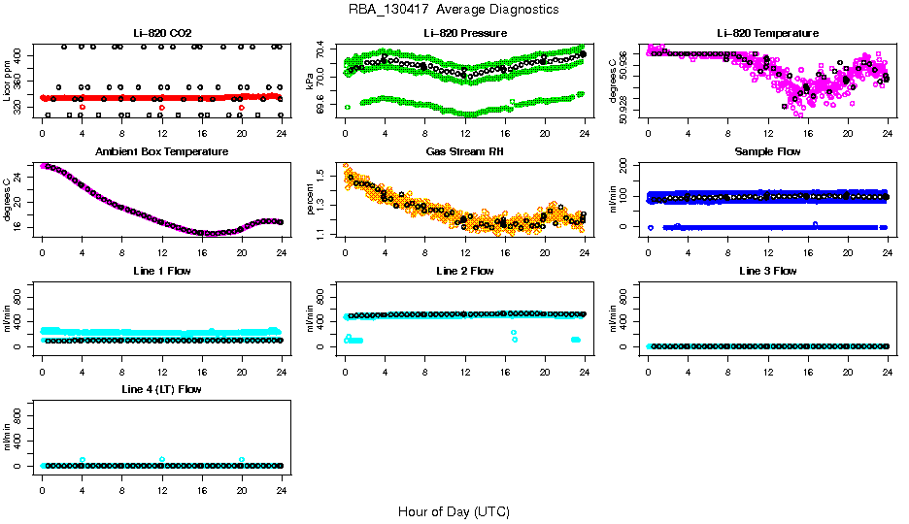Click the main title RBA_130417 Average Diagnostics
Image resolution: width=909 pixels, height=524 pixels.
454,10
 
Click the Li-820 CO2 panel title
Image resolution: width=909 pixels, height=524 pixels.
161,34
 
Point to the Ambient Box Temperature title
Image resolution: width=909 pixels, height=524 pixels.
161,152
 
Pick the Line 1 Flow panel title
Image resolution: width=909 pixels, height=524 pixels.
161,271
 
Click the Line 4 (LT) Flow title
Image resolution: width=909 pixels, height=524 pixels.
161,389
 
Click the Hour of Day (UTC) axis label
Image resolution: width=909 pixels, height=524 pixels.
454,511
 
